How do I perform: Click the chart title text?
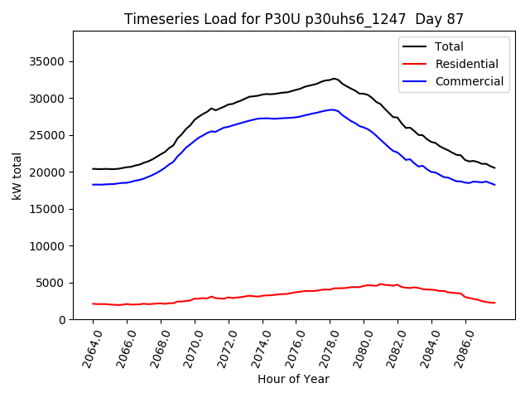click(294, 18)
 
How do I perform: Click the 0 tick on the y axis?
click(63, 320)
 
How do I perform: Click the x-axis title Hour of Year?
click(293, 379)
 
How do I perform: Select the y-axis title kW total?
click(17, 176)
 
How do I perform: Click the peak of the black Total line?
click(334, 79)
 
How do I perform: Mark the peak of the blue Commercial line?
click(332, 109)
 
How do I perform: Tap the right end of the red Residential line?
click(494, 303)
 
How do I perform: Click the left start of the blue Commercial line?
click(93, 184)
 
